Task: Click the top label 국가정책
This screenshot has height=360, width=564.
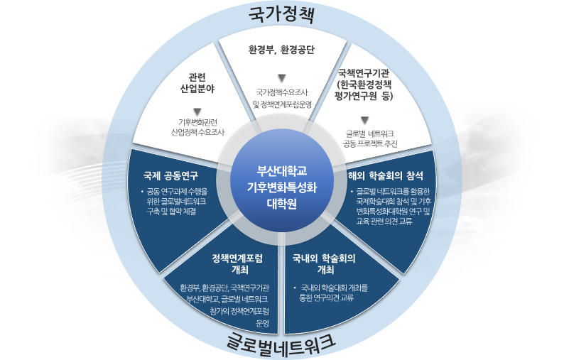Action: [282, 14]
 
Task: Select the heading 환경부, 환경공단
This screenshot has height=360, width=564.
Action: [281, 50]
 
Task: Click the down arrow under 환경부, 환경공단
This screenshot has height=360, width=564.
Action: [281, 77]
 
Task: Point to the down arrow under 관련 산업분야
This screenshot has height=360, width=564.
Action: [197, 111]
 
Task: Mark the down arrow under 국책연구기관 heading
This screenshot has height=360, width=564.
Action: [365, 120]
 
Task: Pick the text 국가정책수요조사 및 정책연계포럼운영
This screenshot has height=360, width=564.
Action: [281, 97]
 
